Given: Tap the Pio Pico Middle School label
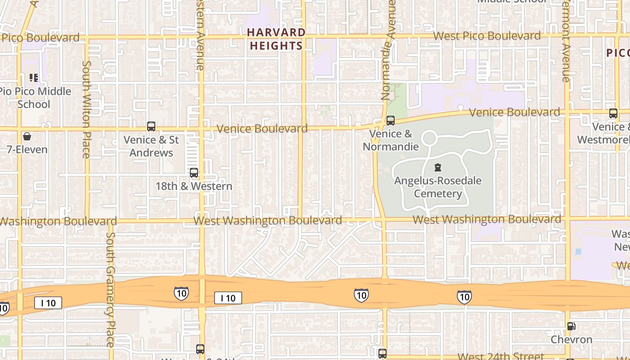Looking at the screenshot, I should (35, 98).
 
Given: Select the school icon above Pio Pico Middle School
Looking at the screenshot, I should (33, 78).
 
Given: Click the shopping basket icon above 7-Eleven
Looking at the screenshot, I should (27, 136).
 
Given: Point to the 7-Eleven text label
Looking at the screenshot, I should (27, 149).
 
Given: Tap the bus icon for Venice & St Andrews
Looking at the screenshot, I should (151, 126).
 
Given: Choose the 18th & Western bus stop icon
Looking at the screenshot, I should (194, 173).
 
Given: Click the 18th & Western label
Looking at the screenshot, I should (194, 186).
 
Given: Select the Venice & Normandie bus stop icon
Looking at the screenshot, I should (391, 121).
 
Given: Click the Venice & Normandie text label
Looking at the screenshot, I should (391, 140).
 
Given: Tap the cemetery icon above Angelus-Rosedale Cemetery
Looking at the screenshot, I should (437, 168).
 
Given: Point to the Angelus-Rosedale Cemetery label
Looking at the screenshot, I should (438, 187).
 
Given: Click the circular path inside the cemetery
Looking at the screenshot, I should (429, 137).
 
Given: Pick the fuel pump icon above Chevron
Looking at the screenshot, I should (571, 326).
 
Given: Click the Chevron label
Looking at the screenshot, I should (571, 339).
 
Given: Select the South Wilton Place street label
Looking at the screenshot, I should (86, 109).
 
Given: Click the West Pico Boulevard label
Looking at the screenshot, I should (487, 36).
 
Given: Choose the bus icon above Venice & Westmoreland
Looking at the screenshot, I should (613, 113).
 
